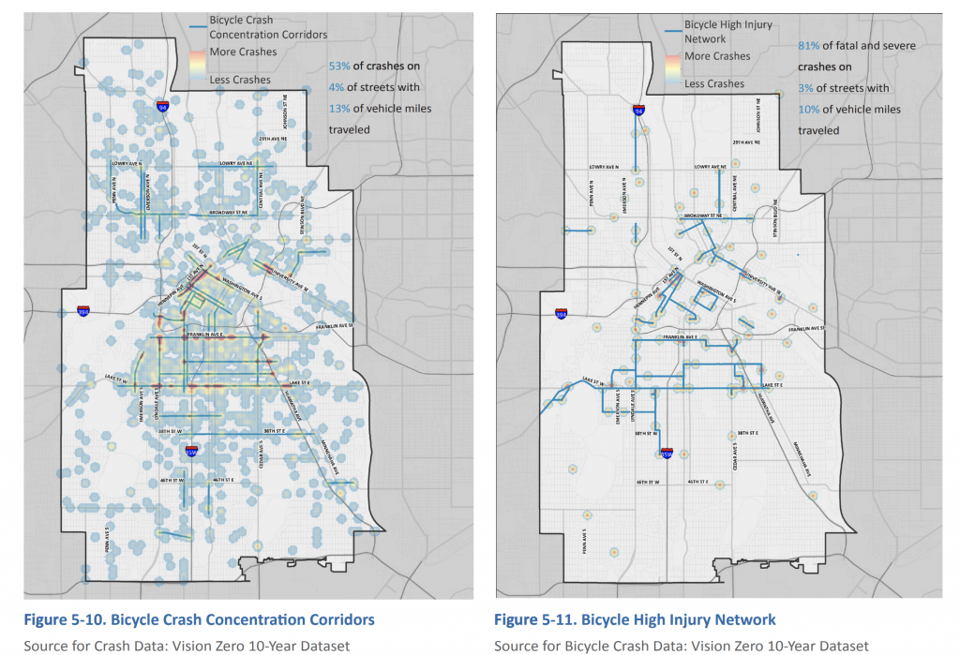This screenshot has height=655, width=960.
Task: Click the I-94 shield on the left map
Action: click(163, 107)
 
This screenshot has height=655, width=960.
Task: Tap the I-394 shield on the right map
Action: click(561, 314)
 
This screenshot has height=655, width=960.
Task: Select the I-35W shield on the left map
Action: click(192, 451)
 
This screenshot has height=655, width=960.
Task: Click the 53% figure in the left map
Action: click(338, 67)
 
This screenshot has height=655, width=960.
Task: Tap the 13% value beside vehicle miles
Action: click(338, 109)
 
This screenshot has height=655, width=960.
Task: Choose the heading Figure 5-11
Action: click(635, 619)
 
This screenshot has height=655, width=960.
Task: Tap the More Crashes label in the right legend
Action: click(717, 56)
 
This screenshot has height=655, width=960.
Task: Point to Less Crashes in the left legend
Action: click(239, 80)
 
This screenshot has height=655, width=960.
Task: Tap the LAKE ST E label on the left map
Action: click(300, 383)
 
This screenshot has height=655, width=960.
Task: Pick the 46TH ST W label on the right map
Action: click(648, 482)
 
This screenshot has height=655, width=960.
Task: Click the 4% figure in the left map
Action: click(337, 88)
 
